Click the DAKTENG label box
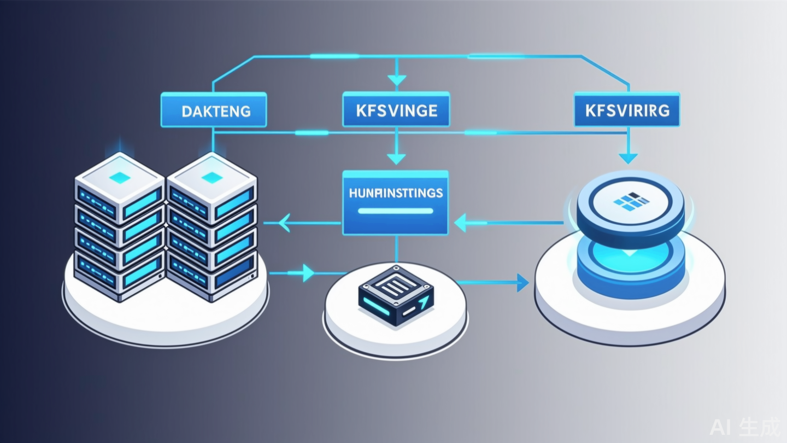point(214,110)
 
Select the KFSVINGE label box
point(396,110)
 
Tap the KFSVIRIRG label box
point(626,110)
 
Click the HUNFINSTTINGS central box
point(395,202)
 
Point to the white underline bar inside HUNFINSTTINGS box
point(395,211)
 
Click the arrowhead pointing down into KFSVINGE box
point(397,80)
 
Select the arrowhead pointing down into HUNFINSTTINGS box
point(396,159)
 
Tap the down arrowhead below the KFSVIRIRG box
point(627,158)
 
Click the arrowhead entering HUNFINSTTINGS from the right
point(461,223)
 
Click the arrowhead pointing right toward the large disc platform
point(522,283)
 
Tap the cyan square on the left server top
point(120,177)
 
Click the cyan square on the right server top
point(212,177)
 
